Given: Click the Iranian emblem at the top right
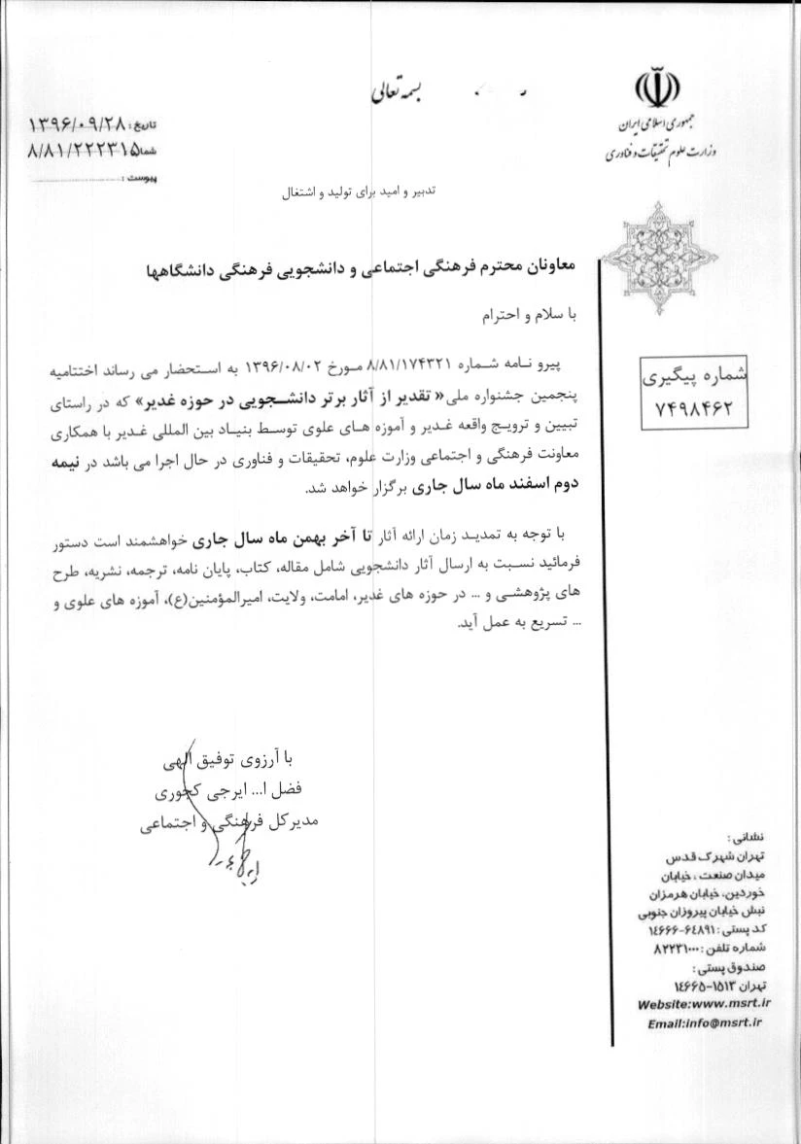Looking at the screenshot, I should [657, 90].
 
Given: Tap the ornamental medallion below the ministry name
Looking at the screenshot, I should [658, 255].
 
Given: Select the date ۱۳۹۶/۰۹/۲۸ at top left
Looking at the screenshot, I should [79, 124].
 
